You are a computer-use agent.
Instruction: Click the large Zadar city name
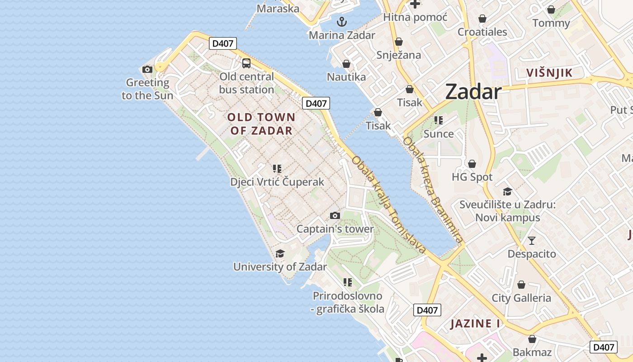473,92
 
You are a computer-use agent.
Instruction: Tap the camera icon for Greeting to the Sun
147,69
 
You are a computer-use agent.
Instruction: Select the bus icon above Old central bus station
246,63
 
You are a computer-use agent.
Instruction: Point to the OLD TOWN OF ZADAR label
261,124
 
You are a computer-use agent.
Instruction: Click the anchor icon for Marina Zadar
342,21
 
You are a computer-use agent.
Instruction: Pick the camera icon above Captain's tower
335,215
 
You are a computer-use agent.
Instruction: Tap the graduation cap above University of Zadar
280,253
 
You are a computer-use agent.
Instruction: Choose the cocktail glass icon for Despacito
532,240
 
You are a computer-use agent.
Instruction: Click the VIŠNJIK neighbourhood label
549,73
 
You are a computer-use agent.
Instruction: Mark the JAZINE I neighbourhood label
475,324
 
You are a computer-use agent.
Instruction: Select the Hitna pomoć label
415,17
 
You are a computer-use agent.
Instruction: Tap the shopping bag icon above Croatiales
482,19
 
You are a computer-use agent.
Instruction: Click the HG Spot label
472,177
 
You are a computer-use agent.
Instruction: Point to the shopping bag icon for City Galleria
521,285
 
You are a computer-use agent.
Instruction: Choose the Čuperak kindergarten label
277,182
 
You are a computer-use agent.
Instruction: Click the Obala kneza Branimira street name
433,190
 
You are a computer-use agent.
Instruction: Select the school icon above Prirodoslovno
348,283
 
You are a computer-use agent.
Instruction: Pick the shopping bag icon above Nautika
346,64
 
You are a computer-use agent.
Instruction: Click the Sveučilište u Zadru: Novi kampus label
507,211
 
